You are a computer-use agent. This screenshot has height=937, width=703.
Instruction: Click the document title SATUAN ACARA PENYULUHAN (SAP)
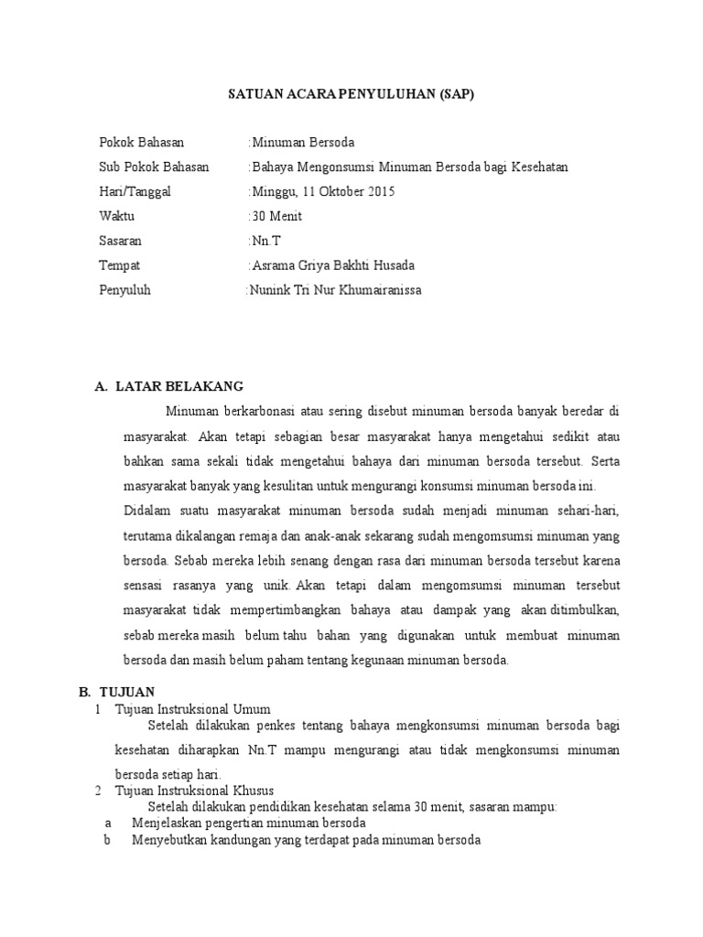351,94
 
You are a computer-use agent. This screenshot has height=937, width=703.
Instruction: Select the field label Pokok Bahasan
141,143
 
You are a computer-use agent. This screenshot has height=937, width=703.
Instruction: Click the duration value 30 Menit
276,217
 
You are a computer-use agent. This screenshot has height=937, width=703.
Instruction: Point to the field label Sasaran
120,242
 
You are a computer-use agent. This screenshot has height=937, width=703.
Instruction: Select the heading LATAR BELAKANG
179,387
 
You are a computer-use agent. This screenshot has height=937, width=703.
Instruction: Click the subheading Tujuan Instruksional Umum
192,709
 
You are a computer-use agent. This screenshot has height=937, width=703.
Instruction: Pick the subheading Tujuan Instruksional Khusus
194,791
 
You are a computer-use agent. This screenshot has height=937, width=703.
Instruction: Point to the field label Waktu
116,217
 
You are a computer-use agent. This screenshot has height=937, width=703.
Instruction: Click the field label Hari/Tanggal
135,192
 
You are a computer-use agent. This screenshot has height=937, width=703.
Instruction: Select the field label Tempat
119,266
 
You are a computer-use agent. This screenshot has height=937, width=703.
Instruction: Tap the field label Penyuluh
124,290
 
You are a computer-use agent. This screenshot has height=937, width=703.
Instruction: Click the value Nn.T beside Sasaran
265,242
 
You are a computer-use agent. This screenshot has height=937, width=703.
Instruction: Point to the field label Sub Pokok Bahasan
154,167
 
